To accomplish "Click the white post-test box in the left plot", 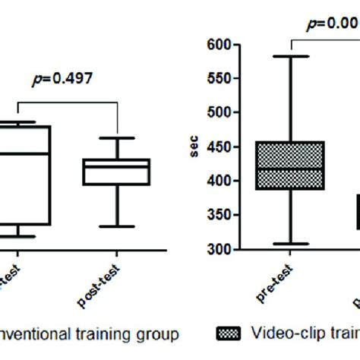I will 116,172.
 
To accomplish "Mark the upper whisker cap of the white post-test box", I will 116,138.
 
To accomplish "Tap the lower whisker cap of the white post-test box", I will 116,226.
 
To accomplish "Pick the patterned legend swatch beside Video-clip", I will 229,333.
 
